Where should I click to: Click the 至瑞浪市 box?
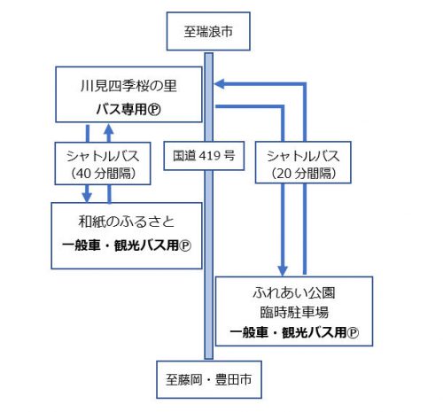pyautogui.click(x=208, y=31)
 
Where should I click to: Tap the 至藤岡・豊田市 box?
pyautogui.click(x=209, y=379)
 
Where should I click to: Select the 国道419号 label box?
pyautogui.click(x=204, y=156)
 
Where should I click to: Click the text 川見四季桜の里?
pyautogui.click(x=128, y=86)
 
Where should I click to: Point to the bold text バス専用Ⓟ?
pyautogui.click(x=128, y=109)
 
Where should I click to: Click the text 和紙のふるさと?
pyautogui.click(x=127, y=222)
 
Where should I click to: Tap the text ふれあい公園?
pyautogui.click(x=294, y=292)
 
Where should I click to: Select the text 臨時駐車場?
pyautogui.click(x=294, y=312)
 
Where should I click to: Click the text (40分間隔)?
pyautogui.click(x=103, y=174)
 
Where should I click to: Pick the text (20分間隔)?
pyautogui.click(x=303, y=174)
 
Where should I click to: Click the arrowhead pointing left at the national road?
pyautogui.click(x=220, y=84)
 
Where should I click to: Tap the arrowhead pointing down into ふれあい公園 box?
pyautogui.click(x=283, y=270)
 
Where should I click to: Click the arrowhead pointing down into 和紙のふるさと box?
pyautogui.click(x=87, y=197)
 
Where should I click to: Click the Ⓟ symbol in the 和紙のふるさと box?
pyautogui.click(x=185, y=245)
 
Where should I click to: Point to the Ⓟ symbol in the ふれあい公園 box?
pyautogui.click(x=353, y=333)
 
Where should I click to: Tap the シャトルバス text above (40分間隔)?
pyautogui.click(x=103, y=156)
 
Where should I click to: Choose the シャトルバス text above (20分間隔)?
pyautogui.click(x=303, y=156)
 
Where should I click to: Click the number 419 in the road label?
pyautogui.click(x=210, y=155)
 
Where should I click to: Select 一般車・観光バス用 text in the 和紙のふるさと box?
pyautogui.click(x=120, y=245)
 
